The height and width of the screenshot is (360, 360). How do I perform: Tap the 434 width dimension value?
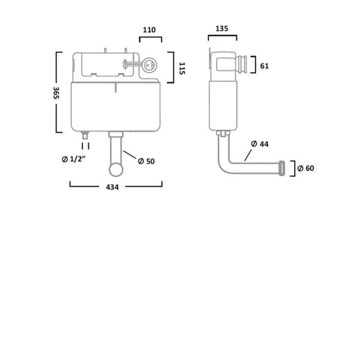pyautogui.click(x=113, y=187)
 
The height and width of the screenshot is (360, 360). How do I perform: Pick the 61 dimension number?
pyautogui.click(x=265, y=66)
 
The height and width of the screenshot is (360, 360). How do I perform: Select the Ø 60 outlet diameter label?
pyautogui.click(x=306, y=168)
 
